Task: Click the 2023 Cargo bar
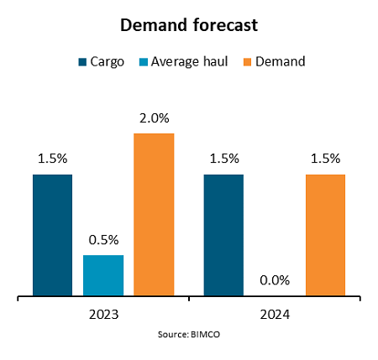pos(52,235)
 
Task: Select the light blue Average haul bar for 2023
pos(103,275)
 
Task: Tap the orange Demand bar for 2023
pos(154,215)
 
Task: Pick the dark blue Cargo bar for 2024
pos(223,235)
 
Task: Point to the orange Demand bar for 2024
pos(325,235)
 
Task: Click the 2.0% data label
pos(154,118)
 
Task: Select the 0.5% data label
pos(103,239)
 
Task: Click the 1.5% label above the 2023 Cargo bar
pos(52,159)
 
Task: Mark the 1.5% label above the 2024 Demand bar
pos(325,159)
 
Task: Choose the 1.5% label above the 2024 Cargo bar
pos(223,159)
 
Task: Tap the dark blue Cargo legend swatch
pos(82,61)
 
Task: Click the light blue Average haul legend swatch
pos(141,61)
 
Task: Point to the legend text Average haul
pos(190,61)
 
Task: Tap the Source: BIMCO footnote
pos(189,334)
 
